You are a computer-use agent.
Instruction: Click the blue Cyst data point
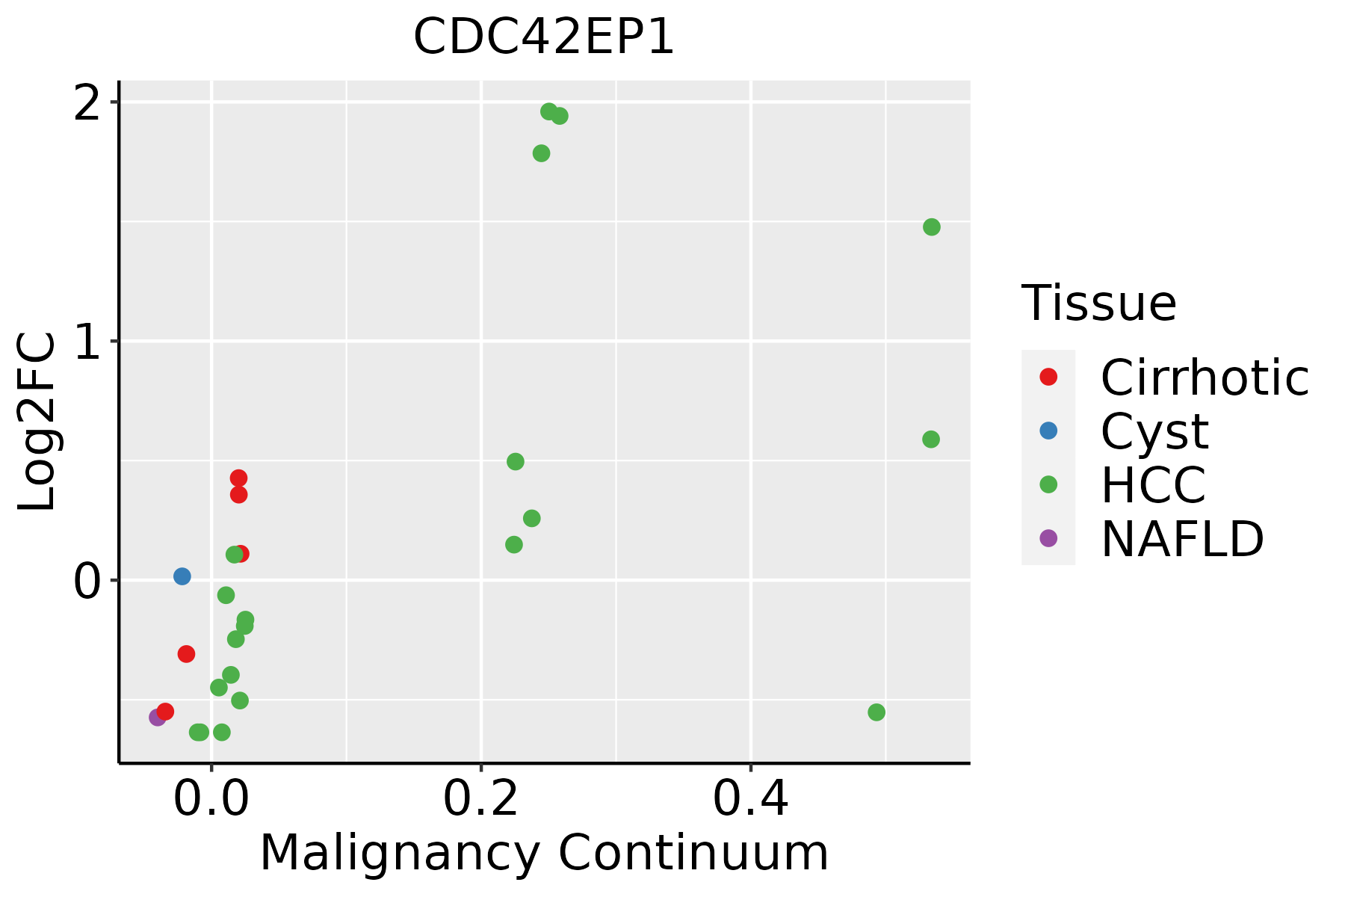tap(182, 576)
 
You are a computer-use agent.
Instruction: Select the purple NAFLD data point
tap(158, 718)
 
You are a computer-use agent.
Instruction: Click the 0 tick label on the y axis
tap(87, 582)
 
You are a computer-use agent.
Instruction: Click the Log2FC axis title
tap(37, 422)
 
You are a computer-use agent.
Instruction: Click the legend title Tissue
tap(1098, 303)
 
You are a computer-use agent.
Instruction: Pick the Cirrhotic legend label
tap(1205, 377)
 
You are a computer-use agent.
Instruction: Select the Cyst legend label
tap(1154, 431)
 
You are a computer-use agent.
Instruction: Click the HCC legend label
tap(1153, 485)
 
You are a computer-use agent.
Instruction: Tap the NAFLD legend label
tap(1182, 539)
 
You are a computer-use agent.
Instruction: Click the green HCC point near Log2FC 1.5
tap(931, 227)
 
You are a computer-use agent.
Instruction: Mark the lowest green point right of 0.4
tap(876, 712)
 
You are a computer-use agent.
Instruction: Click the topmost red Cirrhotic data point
tap(238, 478)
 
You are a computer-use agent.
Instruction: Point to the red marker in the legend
tap(1048, 377)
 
